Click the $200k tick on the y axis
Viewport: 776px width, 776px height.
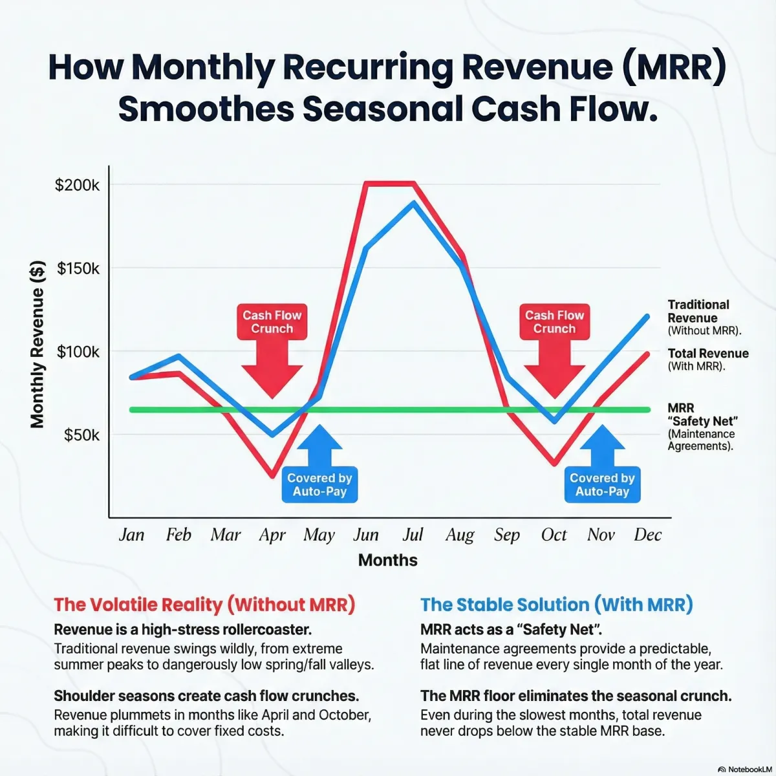point(77,185)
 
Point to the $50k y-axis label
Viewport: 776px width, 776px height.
point(81,435)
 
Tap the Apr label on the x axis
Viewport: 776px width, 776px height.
point(272,535)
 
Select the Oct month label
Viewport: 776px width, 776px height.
point(554,535)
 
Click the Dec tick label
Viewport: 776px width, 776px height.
point(647,535)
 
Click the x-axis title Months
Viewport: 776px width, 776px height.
point(387,560)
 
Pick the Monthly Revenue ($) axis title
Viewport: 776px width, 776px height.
point(38,344)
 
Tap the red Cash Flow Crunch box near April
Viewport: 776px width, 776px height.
point(272,322)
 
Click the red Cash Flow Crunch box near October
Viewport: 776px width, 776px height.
point(554,322)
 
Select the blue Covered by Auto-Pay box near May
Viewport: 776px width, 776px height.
point(319,484)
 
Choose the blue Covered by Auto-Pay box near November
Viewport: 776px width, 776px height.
point(602,484)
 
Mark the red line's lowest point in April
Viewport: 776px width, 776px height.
point(273,477)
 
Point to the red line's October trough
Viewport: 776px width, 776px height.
point(554,464)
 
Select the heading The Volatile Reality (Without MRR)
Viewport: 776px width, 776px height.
point(204,605)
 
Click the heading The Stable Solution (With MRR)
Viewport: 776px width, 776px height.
point(556,605)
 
